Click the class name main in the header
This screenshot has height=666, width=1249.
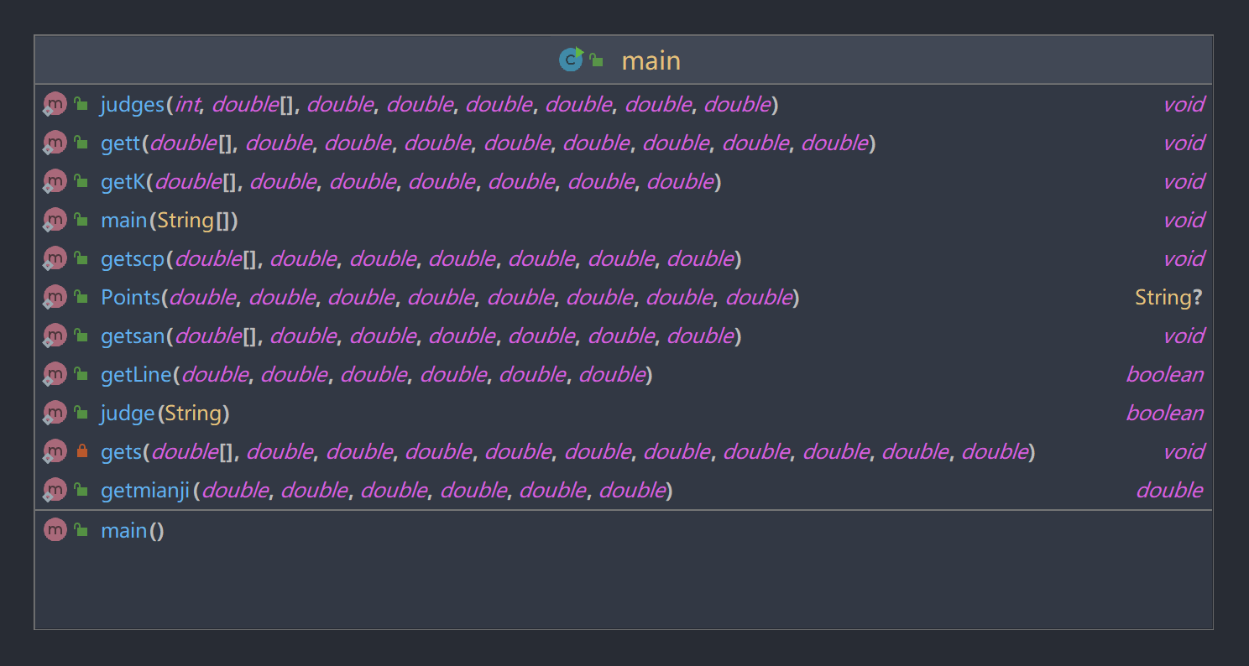click(651, 61)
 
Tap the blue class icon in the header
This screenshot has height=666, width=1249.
click(571, 60)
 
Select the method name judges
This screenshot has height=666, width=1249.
click(133, 105)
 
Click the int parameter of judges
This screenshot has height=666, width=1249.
click(187, 105)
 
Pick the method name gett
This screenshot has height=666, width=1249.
click(120, 143)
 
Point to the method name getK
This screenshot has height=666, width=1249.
click(123, 182)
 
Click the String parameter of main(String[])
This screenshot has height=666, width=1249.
click(186, 221)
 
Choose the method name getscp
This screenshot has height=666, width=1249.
click(133, 259)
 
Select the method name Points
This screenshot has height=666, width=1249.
click(130, 298)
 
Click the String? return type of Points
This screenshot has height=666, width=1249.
click(1168, 298)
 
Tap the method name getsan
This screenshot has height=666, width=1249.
click(133, 336)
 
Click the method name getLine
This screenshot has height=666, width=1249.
click(136, 375)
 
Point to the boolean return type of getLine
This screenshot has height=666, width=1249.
click(1164, 375)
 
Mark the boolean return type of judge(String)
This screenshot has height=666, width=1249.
click(1164, 414)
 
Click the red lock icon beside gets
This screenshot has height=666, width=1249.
click(81, 452)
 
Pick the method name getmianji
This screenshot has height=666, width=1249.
click(145, 491)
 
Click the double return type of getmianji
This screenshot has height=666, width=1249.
click(1169, 491)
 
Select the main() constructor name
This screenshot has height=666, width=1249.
click(124, 531)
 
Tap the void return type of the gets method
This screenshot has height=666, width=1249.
click(1184, 452)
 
